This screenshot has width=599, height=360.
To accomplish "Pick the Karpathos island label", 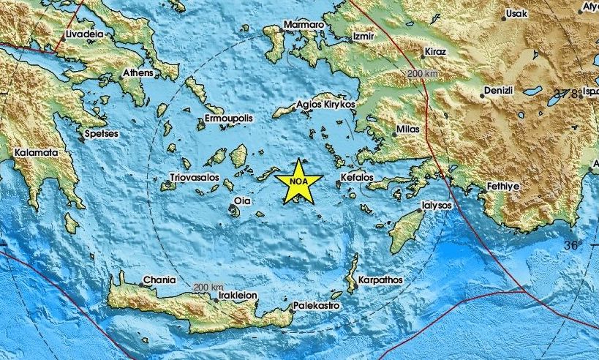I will coord(379,280).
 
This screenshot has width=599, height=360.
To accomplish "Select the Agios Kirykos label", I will coord(325,105).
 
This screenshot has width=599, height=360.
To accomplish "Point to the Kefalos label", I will coord(358,178).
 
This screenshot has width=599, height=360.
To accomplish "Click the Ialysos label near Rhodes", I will coord(437,207).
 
